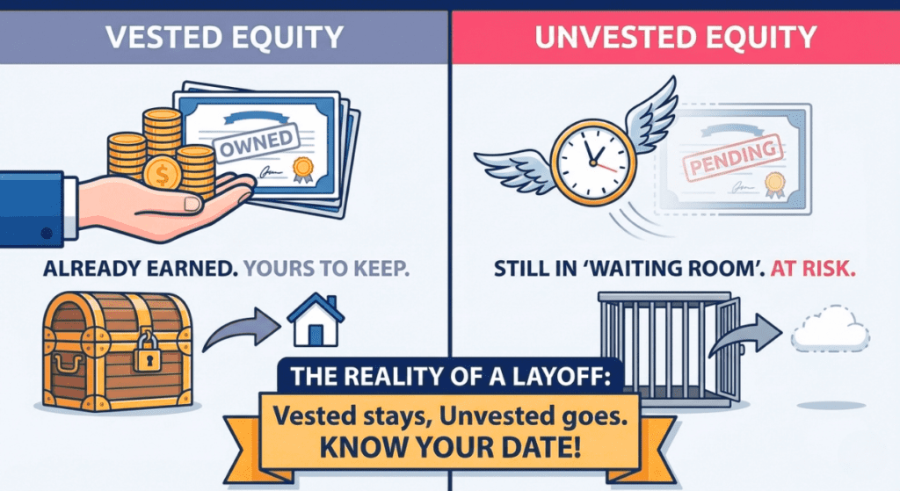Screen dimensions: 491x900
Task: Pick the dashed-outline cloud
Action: pos(830,332)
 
